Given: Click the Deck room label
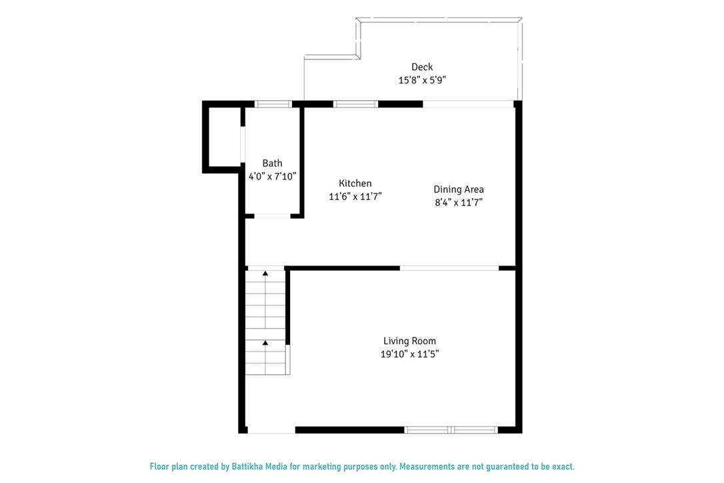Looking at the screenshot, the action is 422,67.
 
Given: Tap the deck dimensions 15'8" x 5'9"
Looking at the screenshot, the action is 422,80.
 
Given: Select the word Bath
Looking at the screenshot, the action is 272,163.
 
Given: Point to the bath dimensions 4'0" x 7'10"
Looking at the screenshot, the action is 272,176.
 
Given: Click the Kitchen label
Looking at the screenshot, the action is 355,183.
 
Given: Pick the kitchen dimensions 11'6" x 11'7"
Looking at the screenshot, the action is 355,196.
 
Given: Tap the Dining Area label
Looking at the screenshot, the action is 459,189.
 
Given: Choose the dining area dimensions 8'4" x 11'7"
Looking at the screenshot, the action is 459,202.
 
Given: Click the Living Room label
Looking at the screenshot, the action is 409,341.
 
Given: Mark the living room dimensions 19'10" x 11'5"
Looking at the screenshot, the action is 409,354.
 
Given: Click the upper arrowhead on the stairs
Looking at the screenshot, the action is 265,274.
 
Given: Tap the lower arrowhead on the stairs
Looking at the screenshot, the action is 265,343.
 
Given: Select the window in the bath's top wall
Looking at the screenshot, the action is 273,104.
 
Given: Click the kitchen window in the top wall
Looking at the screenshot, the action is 355,104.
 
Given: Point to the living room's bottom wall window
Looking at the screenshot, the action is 451,430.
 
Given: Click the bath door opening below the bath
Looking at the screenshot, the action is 273,216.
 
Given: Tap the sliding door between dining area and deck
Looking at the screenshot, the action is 468,104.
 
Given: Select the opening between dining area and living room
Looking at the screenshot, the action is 449,268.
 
